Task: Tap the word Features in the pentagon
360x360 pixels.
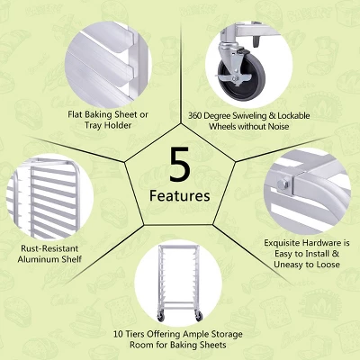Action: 180,195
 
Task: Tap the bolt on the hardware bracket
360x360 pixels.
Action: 285,185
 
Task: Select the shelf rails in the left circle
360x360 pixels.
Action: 40,193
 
